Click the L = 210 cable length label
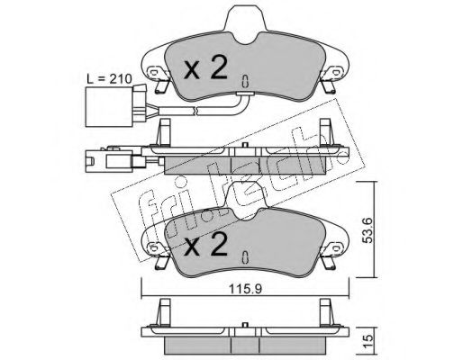[x=109, y=79]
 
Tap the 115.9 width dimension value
[x=245, y=289]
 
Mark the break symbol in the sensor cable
[x=195, y=111]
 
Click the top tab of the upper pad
[x=245, y=20]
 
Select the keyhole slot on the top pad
[x=245, y=81]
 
